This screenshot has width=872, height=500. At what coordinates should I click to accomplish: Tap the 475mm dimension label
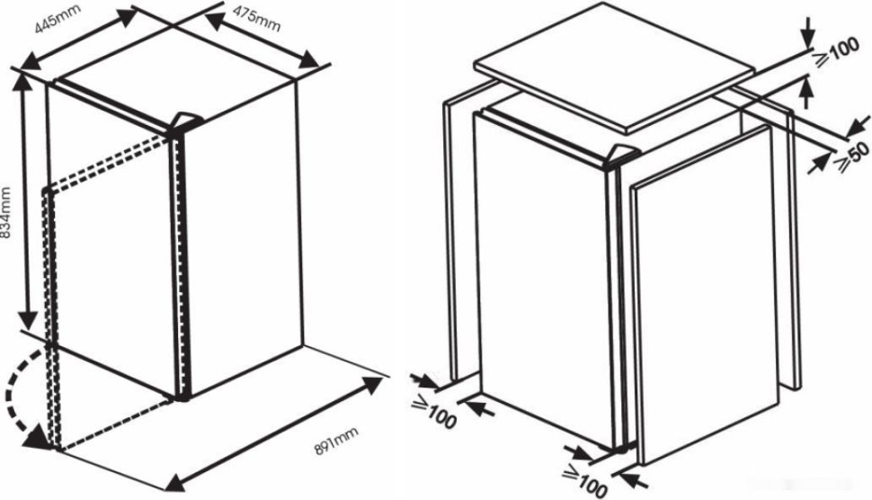click(x=256, y=19)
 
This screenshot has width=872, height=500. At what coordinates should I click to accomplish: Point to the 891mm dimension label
click(x=337, y=441)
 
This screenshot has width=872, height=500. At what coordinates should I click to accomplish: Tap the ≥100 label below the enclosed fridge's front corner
click(x=583, y=482)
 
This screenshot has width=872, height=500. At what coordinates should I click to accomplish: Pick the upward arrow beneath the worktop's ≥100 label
click(x=805, y=93)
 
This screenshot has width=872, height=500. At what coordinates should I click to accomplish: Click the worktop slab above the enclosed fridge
click(x=615, y=67)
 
